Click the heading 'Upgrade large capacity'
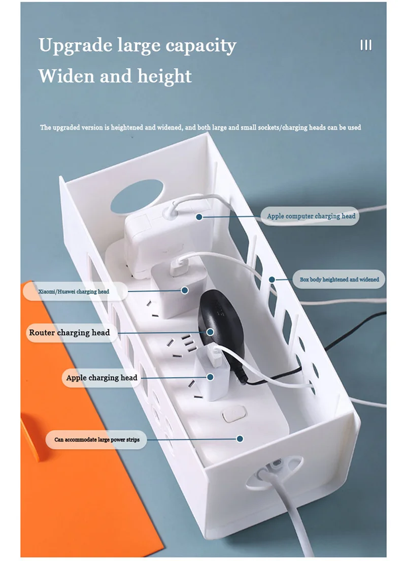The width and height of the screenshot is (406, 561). tap(137, 46)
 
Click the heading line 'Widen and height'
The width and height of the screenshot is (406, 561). tap(115, 76)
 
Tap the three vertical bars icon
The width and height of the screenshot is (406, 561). tap(366, 45)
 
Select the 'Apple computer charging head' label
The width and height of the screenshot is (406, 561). tap(311, 216)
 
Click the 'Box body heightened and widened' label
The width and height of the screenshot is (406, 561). tap(339, 279)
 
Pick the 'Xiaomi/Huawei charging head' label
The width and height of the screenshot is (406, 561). tap(74, 291)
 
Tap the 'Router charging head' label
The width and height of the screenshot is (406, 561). tap(70, 333)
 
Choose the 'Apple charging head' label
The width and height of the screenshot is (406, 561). tap(101, 378)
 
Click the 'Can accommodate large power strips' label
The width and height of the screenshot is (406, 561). tap(97, 439)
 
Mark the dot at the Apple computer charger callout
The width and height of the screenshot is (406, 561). tap(199, 216)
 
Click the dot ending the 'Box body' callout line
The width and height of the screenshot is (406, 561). tap(272, 279)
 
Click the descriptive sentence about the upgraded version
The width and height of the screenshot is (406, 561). tap(200, 127)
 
